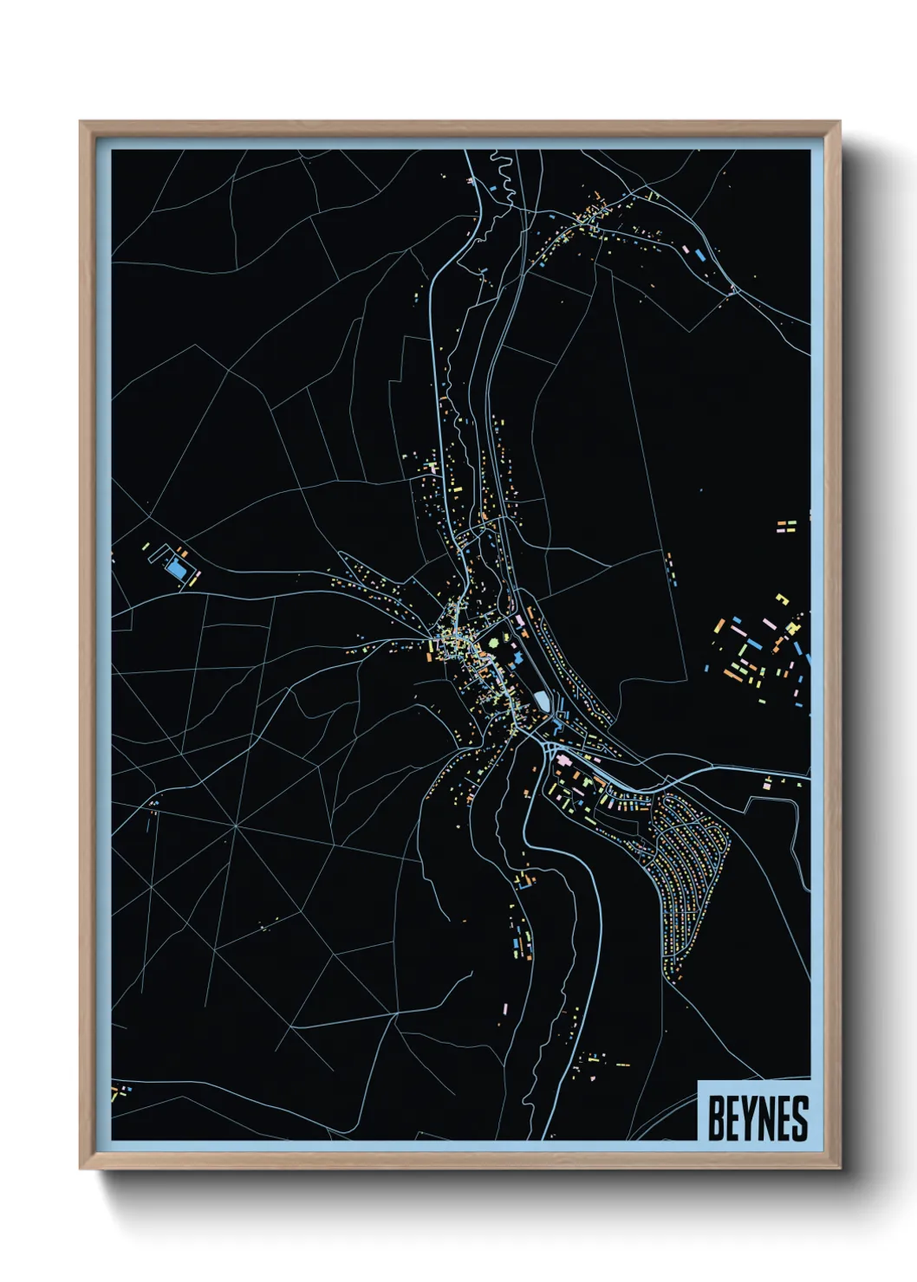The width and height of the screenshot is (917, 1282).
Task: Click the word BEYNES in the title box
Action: coord(758,1117)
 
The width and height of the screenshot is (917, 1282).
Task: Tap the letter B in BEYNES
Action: coord(716,1117)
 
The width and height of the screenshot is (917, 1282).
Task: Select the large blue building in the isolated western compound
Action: coord(177,570)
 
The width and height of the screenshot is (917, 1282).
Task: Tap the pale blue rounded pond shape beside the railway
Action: coord(542,699)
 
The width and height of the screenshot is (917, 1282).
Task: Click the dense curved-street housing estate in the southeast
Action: coord(689,875)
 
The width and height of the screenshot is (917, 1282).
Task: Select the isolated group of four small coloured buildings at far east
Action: coord(785,526)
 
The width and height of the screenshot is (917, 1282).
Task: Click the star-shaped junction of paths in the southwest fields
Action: coord(236,826)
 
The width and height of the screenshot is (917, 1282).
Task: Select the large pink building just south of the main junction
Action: coord(562,760)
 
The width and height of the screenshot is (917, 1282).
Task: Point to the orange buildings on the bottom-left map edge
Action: coord(115,1093)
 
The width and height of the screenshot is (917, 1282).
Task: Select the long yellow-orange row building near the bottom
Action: coord(622,1064)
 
